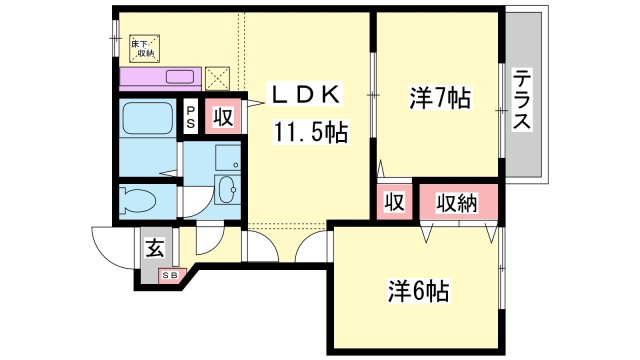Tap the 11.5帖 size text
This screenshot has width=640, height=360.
[x=312, y=132]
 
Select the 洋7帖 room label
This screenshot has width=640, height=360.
[x=439, y=99]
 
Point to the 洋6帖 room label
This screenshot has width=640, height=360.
[x=418, y=291]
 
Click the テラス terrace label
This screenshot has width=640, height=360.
[x=521, y=99]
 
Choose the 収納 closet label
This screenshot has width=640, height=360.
[x=457, y=203]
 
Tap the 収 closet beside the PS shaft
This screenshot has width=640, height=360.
[x=223, y=117]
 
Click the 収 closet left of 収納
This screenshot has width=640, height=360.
[x=394, y=203]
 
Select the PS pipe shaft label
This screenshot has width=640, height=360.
[x=190, y=117]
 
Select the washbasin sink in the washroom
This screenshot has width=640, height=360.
[x=227, y=189]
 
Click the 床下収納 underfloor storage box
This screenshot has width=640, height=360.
[x=144, y=49]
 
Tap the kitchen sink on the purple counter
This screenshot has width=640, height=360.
[x=178, y=77]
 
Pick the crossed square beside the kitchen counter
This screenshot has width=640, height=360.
[x=217, y=77]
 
